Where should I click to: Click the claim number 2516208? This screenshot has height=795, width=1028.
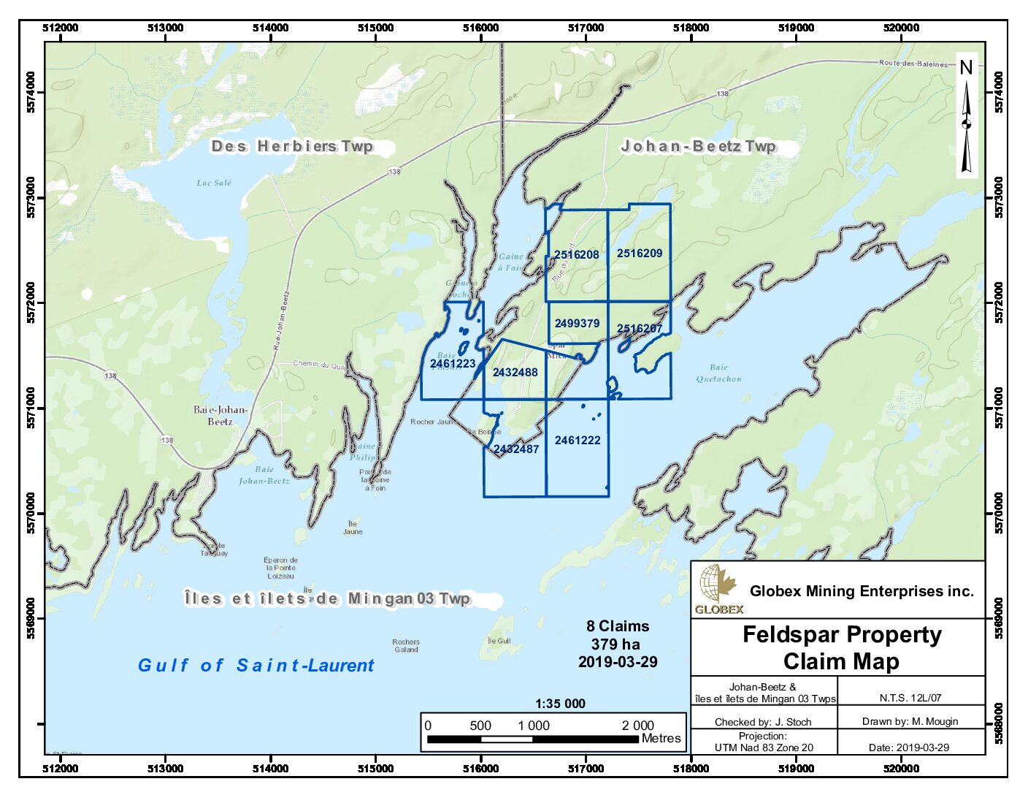point(576,255)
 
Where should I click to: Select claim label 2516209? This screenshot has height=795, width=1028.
point(640,254)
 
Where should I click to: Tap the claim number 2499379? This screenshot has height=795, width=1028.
point(577,324)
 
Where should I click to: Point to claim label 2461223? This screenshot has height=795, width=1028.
point(452,364)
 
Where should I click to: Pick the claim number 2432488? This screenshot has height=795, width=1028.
point(515,373)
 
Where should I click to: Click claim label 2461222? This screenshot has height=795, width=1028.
point(578,441)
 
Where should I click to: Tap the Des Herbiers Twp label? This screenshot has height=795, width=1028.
point(292,146)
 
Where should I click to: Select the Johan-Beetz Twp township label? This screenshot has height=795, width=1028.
point(698,146)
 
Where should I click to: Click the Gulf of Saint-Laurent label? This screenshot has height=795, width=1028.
point(256,666)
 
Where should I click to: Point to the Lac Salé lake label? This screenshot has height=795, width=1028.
point(214,183)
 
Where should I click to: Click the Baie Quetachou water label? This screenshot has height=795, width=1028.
point(718,373)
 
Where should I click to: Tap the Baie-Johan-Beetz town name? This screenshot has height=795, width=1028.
point(220,415)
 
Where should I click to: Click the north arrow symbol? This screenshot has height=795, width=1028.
point(966,121)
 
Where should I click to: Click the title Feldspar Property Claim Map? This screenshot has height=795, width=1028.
point(841,647)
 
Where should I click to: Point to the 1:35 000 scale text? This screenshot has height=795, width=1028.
point(560,704)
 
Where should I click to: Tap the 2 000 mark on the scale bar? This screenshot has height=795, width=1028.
point(637,726)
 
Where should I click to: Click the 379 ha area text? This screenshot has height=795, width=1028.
point(615,644)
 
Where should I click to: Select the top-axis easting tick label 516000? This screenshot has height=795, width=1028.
point(480,28)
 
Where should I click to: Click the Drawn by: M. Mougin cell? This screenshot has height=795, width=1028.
point(910,721)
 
